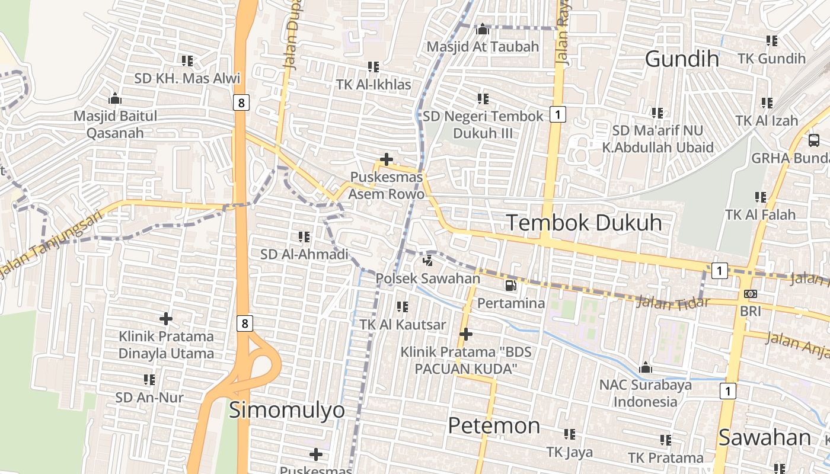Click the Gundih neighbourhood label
coord(682,59)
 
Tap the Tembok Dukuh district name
coord(584,223)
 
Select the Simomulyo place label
coord(286,410)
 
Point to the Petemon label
coord(494,425)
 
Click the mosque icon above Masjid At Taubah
coord(483,29)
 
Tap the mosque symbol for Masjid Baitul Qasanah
coord(115,98)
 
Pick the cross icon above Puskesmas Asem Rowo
coord(387,159)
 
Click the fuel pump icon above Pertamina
coord(510,286)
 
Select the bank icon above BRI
coord(751,294)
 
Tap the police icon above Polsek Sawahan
coord(427,260)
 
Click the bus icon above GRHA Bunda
coord(814,140)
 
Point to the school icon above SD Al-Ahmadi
coord(305,237)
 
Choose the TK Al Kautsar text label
coord(403,325)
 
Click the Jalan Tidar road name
coord(672,303)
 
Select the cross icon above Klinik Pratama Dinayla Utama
coord(166,319)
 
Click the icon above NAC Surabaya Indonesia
coord(646,367)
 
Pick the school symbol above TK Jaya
coord(570,434)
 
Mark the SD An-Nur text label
coord(149,397)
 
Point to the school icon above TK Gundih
coord(772,41)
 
